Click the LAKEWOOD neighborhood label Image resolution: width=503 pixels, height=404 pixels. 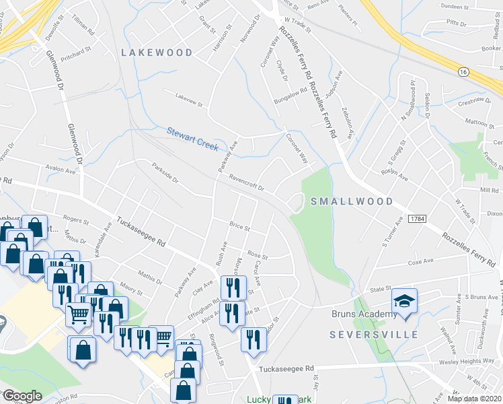point(157,52)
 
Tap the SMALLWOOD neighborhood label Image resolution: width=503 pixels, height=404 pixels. point(352,201)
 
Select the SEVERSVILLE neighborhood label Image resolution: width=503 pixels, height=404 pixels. point(374,335)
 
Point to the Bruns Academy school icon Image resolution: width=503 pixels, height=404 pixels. point(403,300)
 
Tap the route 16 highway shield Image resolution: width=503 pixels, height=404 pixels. point(463,71)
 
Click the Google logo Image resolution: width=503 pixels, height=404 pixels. point(22,396)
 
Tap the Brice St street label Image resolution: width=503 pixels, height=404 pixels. point(239,227)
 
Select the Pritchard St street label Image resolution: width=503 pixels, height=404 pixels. point(74,51)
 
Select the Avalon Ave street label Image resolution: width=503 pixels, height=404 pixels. point(59,170)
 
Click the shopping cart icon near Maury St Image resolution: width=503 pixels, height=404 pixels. point(79,312)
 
